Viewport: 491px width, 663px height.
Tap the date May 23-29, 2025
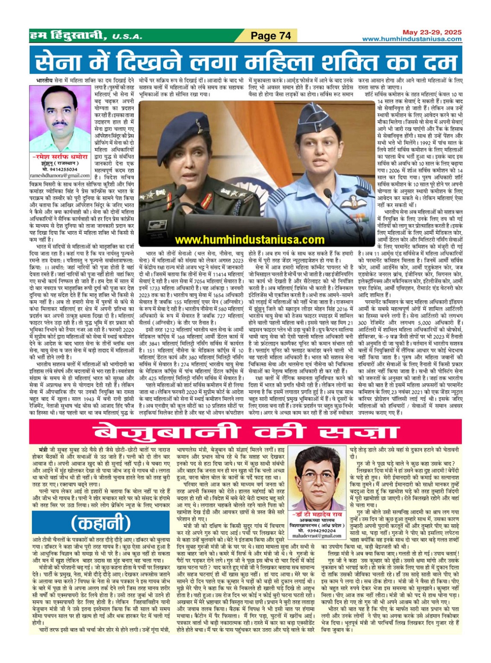pyautogui.click(x=432, y=32)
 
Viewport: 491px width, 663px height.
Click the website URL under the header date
pyautogui.click(x=411, y=39)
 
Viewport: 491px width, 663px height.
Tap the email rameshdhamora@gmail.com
pyautogui.click(x=60, y=176)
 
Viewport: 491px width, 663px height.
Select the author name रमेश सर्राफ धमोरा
pyautogui.click(x=60, y=157)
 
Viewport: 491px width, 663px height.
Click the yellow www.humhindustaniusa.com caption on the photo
pyautogui.click(x=250, y=240)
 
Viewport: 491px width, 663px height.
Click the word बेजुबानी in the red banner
pyautogui.click(x=168, y=432)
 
